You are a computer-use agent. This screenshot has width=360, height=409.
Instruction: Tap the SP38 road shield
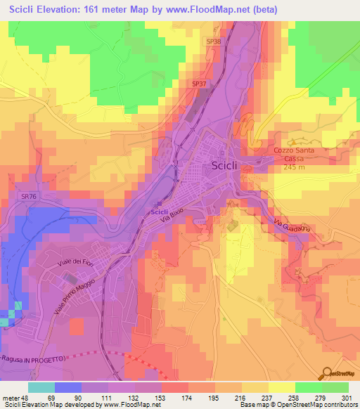point(214,41)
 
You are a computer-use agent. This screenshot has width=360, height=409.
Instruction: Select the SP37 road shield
point(199,84)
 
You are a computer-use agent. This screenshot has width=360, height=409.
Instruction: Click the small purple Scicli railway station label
point(159,212)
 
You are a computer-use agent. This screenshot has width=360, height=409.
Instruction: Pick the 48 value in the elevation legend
point(27,396)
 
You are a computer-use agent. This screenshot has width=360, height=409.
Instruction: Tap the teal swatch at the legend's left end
point(41,387)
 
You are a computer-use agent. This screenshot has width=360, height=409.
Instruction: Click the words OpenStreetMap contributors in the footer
point(320,405)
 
